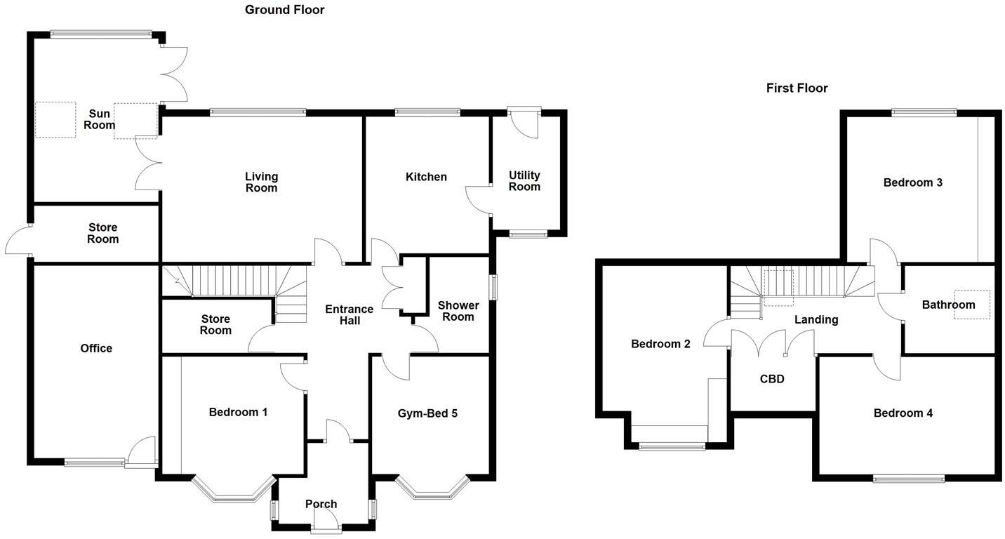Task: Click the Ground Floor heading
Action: pyautogui.click(x=284, y=10)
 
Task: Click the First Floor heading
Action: pyautogui.click(x=797, y=88)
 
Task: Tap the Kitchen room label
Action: pyautogui.click(x=426, y=177)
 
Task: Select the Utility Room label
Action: pyautogui.click(x=524, y=181)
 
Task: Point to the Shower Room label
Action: pyautogui.click(x=458, y=311)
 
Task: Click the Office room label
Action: pyautogui.click(x=96, y=348)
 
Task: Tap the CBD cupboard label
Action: pyautogui.click(x=772, y=379)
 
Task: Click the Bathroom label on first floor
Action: pyautogui.click(x=948, y=305)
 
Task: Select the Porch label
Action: pyautogui.click(x=321, y=504)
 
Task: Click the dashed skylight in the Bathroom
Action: pyautogui.click(x=972, y=305)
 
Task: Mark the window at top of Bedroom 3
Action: pyautogui.click(x=924, y=112)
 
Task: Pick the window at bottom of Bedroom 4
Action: pyautogui.click(x=908, y=479)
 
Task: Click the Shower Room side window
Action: pyautogui.click(x=493, y=287)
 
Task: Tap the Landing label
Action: pyautogui.click(x=816, y=320)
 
